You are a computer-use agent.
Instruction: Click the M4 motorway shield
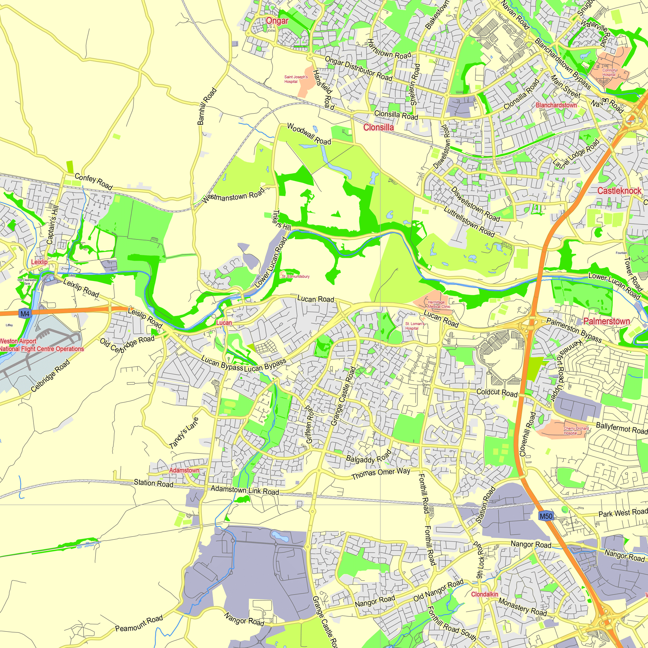(25, 314)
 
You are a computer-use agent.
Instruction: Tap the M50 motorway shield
(546, 516)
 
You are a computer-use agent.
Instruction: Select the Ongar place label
(277, 21)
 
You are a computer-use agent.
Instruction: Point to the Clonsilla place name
(379, 127)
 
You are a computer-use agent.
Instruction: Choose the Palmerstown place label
(607, 321)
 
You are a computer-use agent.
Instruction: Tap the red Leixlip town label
(39, 262)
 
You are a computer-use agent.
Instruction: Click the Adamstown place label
(184, 470)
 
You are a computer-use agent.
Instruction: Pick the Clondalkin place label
(485, 594)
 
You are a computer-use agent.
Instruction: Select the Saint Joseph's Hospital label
(296, 79)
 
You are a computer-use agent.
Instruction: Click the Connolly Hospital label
(609, 73)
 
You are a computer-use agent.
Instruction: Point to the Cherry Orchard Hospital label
(576, 431)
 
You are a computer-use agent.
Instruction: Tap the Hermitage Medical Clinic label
(439, 304)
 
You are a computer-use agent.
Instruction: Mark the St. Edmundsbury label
(295, 276)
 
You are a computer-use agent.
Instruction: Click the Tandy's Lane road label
(184, 433)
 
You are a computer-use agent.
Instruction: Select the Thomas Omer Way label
(381, 474)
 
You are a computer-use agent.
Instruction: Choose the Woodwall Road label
(309, 134)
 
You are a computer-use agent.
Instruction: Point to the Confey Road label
(94, 181)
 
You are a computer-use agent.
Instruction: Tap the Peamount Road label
(139, 623)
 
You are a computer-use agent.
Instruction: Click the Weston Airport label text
(18, 341)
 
